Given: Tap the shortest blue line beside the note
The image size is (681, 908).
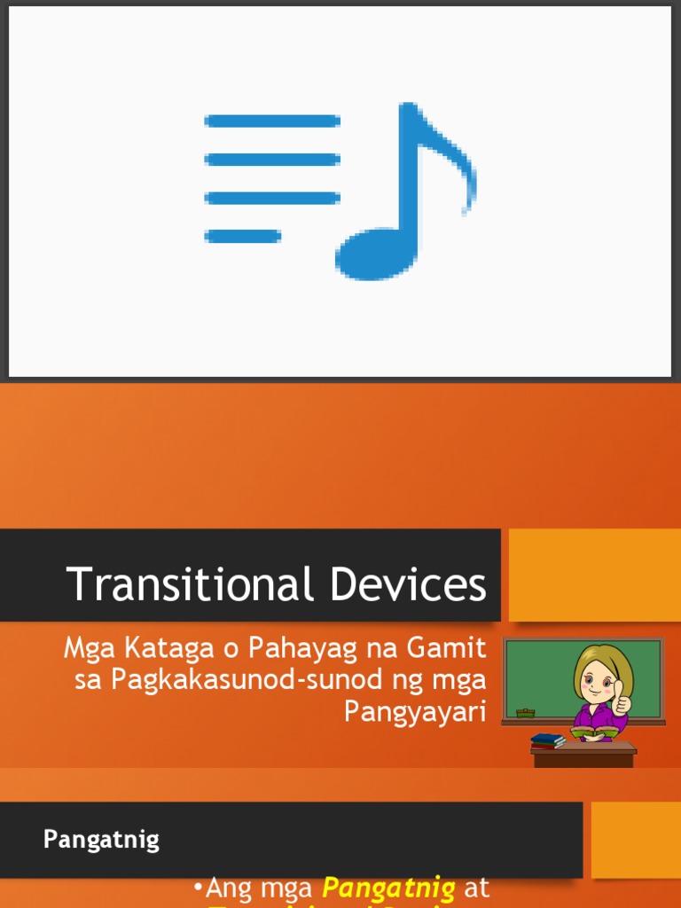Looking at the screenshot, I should point(242,236).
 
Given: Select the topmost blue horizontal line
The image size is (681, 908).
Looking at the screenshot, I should point(272,121).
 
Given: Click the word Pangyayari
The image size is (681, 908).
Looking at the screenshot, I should point(415,711).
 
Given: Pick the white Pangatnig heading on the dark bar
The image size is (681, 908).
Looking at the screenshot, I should point(101,840).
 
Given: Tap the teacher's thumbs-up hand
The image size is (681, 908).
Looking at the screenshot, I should point(622,702).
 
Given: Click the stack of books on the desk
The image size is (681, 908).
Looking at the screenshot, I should point(548,740).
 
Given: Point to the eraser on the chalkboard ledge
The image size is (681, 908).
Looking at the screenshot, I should point(525,712).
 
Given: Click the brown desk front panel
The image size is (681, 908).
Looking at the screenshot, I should point(583,760).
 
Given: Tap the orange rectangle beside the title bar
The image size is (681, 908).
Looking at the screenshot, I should point(594,575).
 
